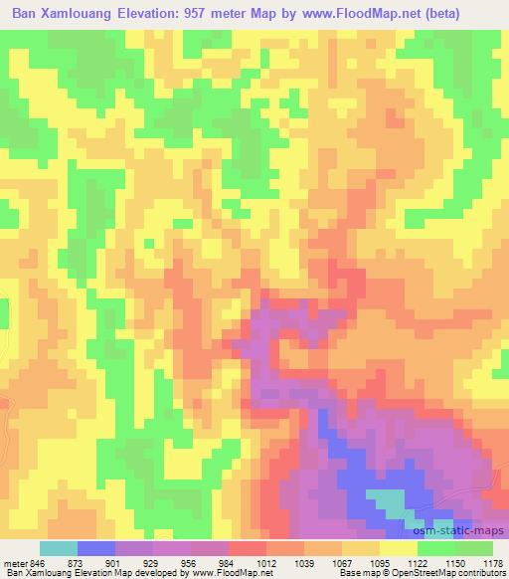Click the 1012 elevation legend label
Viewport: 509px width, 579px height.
(x=266, y=562)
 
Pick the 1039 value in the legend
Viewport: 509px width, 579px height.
(x=304, y=562)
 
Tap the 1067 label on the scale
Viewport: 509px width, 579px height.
(x=342, y=562)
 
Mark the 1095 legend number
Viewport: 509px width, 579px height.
(x=380, y=562)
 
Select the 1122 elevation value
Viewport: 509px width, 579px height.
(x=418, y=562)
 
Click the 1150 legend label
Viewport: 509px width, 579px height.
(x=455, y=562)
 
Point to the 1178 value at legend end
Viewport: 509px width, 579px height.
(x=492, y=562)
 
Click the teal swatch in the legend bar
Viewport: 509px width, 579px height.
(x=59, y=548)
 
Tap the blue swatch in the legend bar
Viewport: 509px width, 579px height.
(x=96, y=548)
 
